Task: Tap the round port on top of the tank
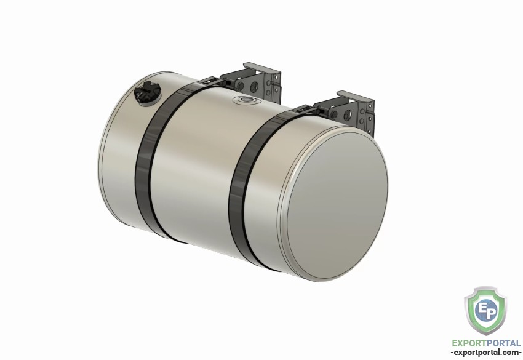click(x=247, y=100)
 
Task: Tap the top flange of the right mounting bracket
click(x=355, y=97)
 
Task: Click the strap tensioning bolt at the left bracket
click(x=225, y=82)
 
